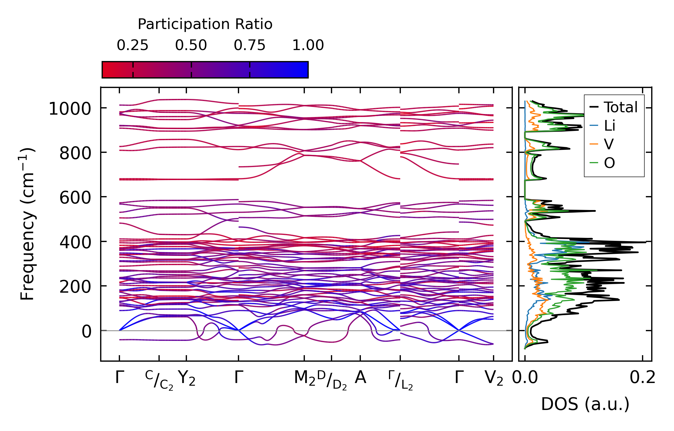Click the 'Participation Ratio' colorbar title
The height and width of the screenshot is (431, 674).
(205, 24)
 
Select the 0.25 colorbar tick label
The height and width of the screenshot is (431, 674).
(132, 45)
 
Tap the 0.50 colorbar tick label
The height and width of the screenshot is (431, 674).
(191, 45)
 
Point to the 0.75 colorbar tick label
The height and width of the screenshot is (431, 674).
(249, 45)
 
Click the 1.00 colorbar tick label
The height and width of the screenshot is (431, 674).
(308, 45)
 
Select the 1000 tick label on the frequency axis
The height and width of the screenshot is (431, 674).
(70, 109)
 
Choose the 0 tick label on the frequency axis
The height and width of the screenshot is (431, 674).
(87, 331)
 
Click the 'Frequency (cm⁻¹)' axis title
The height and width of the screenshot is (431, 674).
(27, 224)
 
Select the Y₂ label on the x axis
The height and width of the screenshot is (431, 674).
(187, 378)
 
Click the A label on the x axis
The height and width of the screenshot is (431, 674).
(360, 378)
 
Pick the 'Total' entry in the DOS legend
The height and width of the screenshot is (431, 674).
(620, 107)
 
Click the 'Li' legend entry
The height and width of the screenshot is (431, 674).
(609, 126)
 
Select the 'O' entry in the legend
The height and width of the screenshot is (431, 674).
(609, 163)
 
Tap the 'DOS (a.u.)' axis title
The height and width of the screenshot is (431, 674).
(585, 404)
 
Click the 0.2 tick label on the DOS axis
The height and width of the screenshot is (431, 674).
(642, 378)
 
